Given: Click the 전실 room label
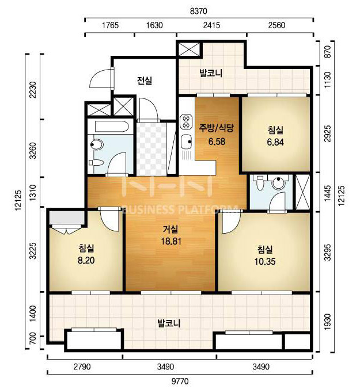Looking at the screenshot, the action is pyautogui.click(x=145, y=81).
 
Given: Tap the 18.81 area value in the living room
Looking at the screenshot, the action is pyautogui.click(x=171, y=241).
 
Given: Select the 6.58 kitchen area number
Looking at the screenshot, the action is pyautogui.click(x=217, y=142).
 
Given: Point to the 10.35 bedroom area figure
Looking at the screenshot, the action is pyautogui.click(x=265, y=261).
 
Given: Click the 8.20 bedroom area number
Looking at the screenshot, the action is pyautogui.click(x=86, y=260).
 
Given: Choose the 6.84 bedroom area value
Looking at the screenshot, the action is pyautogui.click(x=275, y=142).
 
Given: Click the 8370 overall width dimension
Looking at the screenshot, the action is pyautogui.click(x=198, y=11).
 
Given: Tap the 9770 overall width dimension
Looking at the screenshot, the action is pyautogui.click(x=180, y=381).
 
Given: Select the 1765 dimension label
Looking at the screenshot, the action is pyautogui.click(x=110, y=25).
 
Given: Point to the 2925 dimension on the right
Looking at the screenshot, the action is pyautogui.click(x=328, y=134).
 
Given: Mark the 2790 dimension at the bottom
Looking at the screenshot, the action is pyautogui.click(x=82, y=367).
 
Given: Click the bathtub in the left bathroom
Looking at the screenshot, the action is pyautogui.click(x=112, y=127).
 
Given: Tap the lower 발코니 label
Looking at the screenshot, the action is pyautogui.click(x=169, y=323).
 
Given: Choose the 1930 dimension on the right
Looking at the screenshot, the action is pyautogui.click(x=328, y=322).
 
